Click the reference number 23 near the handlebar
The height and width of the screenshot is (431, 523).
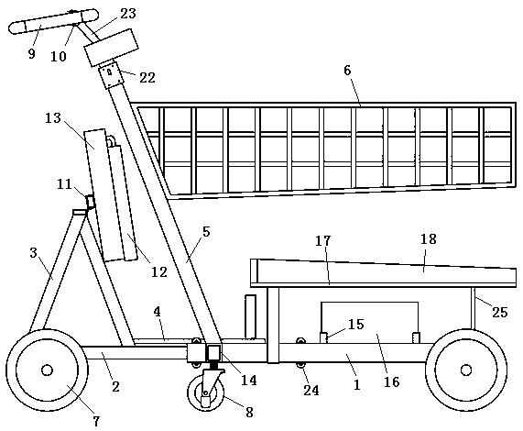click(x=128, y=14)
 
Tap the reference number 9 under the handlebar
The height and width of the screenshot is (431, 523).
click(x=31, y=53)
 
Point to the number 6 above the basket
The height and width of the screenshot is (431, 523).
click(x=347, y=71)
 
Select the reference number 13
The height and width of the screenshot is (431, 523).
click(x=53, y=118)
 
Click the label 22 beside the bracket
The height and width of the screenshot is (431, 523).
click(x=147, y=78)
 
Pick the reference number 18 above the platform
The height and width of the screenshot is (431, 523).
click(x=429, y=239)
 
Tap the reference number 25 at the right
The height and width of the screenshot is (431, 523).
click(x=500, y=312)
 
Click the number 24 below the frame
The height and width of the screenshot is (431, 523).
click(x=311, y=390)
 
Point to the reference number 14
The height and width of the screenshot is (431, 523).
click(x=249, y=380)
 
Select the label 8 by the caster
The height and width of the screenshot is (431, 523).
click(x=249, y=412)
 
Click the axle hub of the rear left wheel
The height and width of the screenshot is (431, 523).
click(x=47, y=370)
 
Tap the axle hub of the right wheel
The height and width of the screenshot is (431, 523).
click(x=466, y=370)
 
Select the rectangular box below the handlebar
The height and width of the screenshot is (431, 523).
click(x=111, y=48)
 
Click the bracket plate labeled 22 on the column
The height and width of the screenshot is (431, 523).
click(x=111, y=76)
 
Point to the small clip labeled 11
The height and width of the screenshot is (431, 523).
click(x=90, y=202)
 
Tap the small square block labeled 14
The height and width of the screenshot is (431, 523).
click(x=213, y=352)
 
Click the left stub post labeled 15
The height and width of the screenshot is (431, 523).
click(x=323, y=337)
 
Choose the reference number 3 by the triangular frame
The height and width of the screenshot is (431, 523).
click(x=33, y=253)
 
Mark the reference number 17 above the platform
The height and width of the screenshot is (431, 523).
click(x=323, y=240)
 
